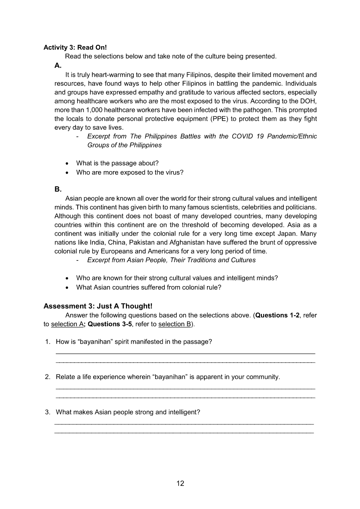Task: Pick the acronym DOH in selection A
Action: (309, 101)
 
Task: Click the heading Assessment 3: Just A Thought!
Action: (98, 306)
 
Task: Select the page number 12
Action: (180, 483)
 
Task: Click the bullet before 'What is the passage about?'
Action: (66, 163)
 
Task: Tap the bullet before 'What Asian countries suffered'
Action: (66, 287)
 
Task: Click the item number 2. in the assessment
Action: (48, 377)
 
